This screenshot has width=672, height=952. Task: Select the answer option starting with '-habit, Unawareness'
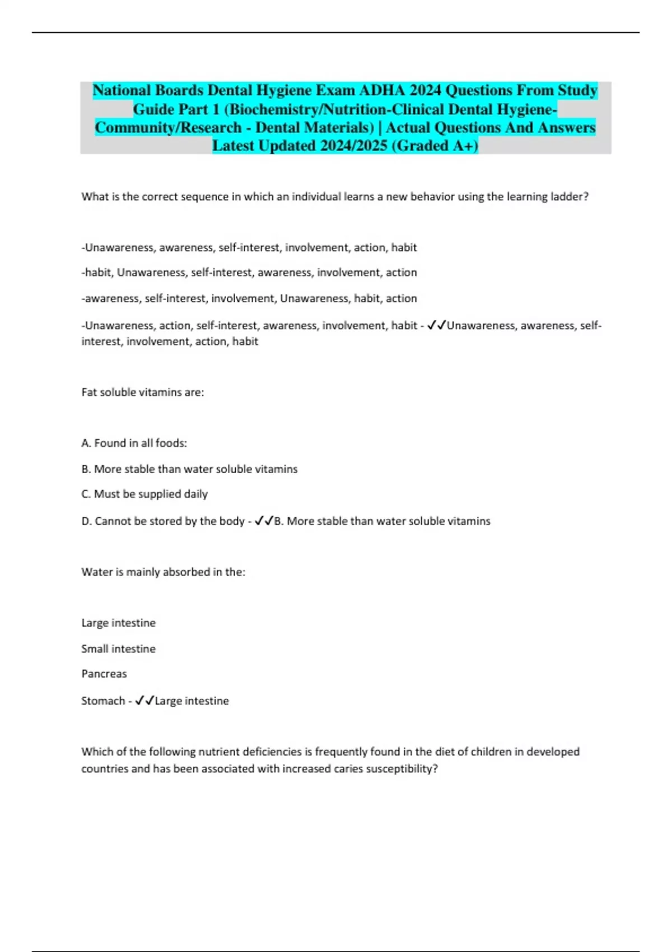pos(249,273)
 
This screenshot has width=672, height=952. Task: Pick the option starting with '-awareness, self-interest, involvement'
pos(249,298)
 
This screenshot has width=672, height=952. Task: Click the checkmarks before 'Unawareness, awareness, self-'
pos(436,325)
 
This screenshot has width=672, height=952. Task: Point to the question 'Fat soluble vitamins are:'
pos(143,392)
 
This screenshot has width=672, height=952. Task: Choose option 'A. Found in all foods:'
pos(134,443)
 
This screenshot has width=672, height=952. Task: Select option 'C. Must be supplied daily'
pos(144,494)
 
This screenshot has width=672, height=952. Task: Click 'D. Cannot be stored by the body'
pos(163,521)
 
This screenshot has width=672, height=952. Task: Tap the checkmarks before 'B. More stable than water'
pos(264,521)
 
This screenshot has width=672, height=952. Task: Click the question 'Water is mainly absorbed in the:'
pos(163,572)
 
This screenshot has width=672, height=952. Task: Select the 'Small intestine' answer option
pos(119,648)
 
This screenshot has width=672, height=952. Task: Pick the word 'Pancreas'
pos(104,674)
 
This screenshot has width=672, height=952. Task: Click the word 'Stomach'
pos(102,701)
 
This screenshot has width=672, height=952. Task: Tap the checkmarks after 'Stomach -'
pos(144,701)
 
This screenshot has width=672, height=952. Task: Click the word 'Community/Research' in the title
pos(168,128)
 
